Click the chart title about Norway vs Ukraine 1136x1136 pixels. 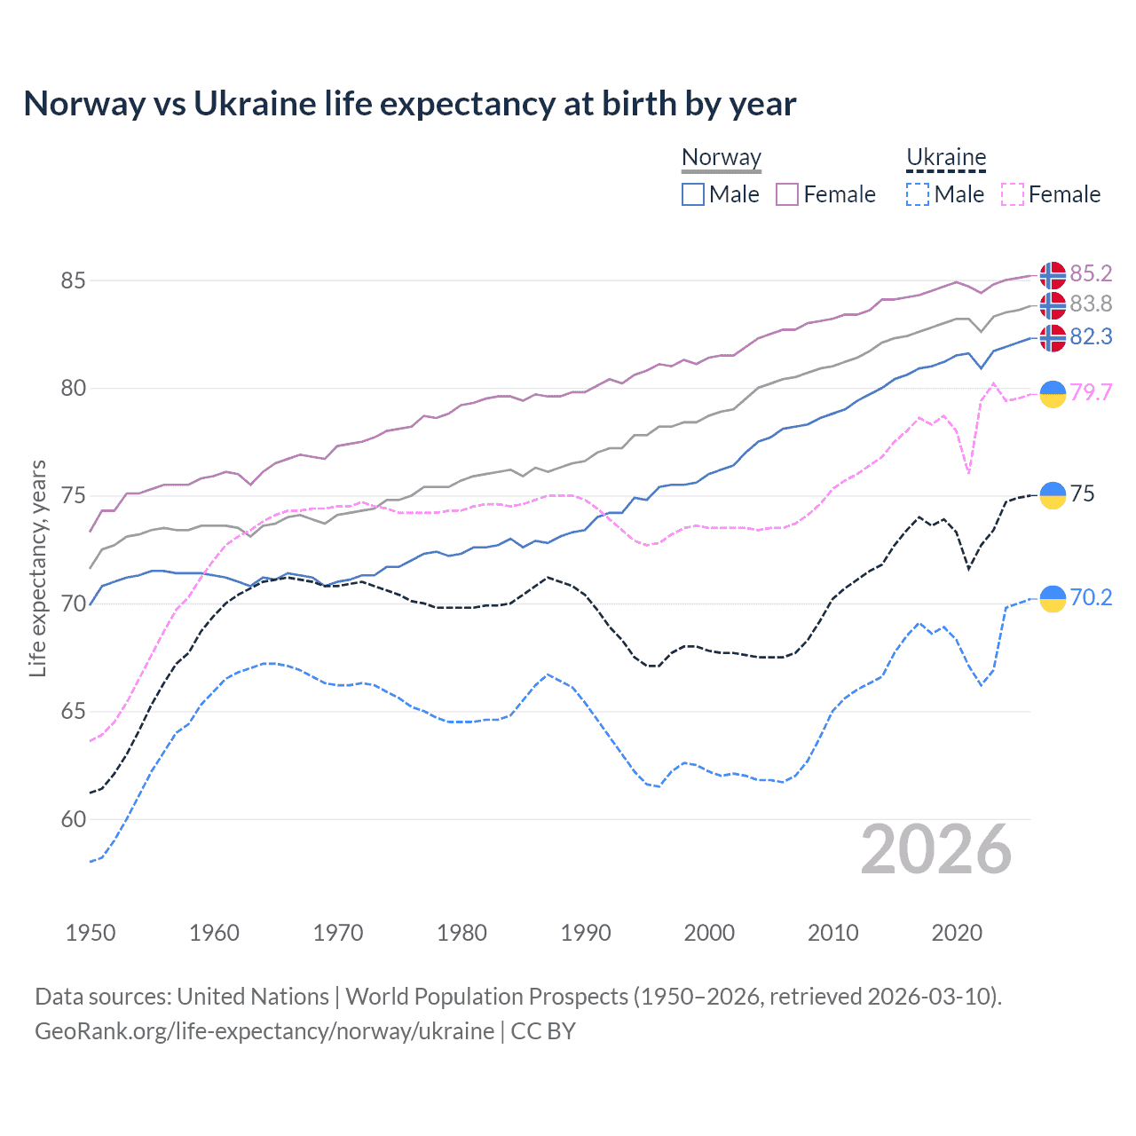pos(409,104)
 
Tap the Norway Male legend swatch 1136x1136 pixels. pos(693,194)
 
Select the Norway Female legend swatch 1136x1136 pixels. pos(787,194)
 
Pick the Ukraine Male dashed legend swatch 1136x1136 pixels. pos(918,194)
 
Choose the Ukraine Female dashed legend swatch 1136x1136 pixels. pos(1012,194)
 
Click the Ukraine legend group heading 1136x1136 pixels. pos(946,158)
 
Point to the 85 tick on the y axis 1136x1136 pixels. pos(73,280)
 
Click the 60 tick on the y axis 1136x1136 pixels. pos(73,819)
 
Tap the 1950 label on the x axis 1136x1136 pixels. pos(91,933)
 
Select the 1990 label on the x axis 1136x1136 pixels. pos(586,933)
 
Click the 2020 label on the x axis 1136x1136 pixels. pos(957,933)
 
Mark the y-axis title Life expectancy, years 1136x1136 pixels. pos(38,568)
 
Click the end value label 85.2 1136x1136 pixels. pos(1091,273)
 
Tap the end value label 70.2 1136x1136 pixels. pos(1091,597)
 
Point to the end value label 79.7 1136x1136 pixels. pos(1091,392)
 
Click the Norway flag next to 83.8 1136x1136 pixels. pos(1053,305)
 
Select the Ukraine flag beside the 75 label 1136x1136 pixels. pos(1053,495)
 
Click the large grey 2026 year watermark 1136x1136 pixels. pos(935,849)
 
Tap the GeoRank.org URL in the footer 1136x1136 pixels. pos(264,1031)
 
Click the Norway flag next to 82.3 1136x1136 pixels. pos(1053,338)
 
